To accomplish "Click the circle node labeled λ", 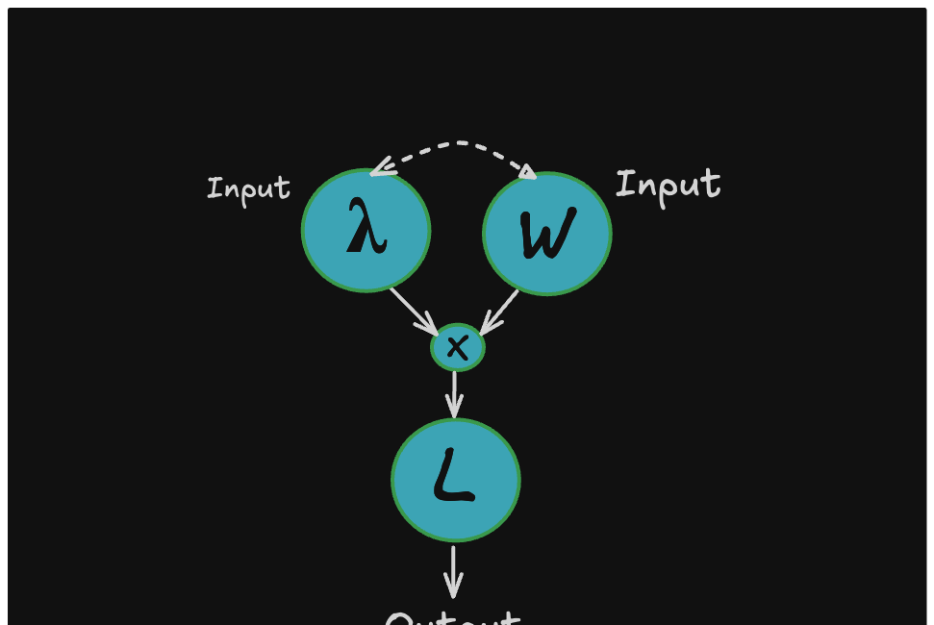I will [366, 231].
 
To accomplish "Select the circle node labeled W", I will [546, 234].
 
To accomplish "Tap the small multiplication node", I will [458, 347].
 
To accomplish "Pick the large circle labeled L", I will [455, 479].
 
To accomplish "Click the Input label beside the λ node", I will [248, 188].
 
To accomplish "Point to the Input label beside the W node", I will [668, 185].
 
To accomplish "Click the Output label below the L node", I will [453, 618].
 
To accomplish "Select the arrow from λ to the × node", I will [414, 311].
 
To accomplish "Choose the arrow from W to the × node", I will [500, 312].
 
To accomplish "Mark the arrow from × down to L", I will [455, 394].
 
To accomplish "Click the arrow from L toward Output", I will [454, 571].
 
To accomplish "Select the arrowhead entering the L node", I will [455, 411].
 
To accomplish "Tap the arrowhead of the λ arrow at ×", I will [432, 330].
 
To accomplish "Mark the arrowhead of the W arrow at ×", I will [485, 329].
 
